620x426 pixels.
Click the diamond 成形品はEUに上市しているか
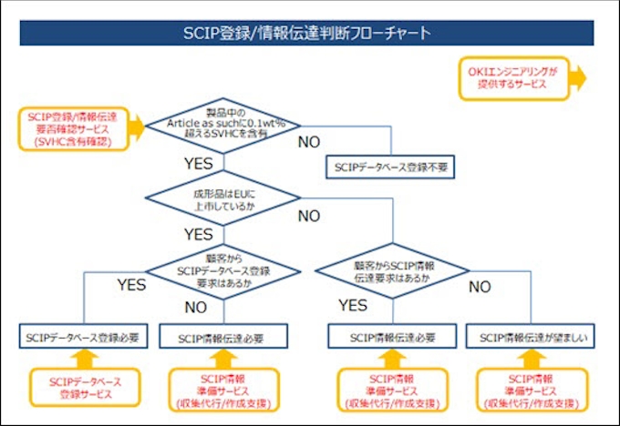[222, 199]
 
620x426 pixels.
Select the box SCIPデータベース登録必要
[83, 339]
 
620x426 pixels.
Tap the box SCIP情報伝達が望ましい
[532, 339]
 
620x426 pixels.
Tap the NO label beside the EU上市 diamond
[308, 216]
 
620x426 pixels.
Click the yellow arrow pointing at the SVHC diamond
[136, 128]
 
